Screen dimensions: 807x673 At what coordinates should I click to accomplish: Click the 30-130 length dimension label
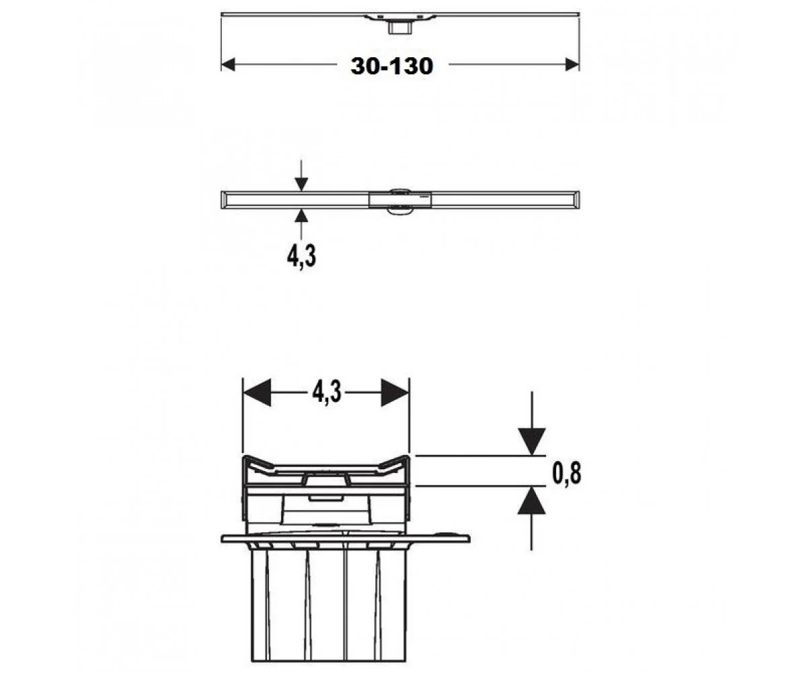tap(392, 66)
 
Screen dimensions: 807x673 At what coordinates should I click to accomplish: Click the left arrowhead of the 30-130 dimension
tap(228, 65)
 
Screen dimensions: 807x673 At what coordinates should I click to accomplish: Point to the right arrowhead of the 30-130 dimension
tap(572, 65)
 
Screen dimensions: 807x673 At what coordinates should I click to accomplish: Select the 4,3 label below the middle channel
tap(301, 256)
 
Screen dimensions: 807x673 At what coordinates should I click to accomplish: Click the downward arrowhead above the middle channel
tap(301, 184)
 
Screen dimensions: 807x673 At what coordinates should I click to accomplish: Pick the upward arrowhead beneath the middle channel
tap(301, 215)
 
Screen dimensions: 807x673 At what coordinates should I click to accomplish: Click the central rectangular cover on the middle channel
tap(399, 200)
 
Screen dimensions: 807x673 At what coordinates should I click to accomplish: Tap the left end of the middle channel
tap(222, 200)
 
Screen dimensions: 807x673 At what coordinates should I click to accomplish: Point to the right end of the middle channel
tap(579, 200)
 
